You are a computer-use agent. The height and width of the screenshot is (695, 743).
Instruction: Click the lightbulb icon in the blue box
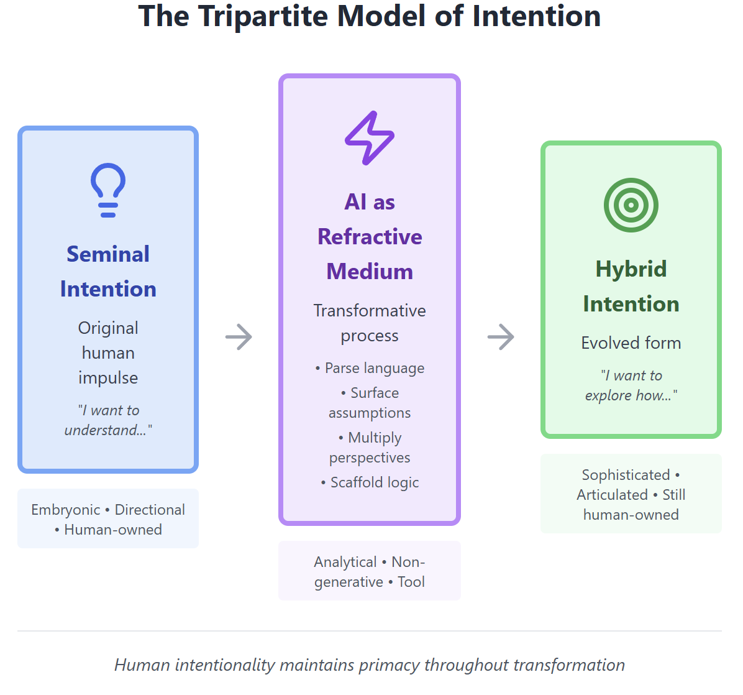coord(108,190)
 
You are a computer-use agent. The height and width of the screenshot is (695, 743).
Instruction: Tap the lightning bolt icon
coord(370,138)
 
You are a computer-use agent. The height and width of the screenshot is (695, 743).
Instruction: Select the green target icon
coord(631,205)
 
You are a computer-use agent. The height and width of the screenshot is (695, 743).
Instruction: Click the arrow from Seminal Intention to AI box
coord(239,337)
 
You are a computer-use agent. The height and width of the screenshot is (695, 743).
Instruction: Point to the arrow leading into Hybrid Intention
coord(501,337)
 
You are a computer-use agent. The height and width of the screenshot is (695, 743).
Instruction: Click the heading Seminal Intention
coord(108,272)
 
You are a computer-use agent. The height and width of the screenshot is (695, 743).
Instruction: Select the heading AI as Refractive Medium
coord(370,237)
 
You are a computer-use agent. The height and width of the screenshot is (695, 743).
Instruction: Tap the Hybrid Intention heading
coord(631,287)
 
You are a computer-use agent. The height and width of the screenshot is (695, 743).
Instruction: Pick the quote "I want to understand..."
coord(108,420)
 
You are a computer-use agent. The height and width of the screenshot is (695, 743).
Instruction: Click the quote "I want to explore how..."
coord(631,385)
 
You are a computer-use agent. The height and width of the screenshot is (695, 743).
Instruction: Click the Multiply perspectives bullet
coord(370,448)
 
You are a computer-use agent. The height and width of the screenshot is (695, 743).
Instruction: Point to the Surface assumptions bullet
coord(370,403)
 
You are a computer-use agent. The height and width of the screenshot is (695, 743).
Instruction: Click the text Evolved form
coord(631,343)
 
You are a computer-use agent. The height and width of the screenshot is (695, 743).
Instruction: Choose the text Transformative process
coord(370,323)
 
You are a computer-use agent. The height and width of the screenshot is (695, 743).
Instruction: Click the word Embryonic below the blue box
coord(65,510)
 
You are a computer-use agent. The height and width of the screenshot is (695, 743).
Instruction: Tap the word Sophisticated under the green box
coord(626,475)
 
